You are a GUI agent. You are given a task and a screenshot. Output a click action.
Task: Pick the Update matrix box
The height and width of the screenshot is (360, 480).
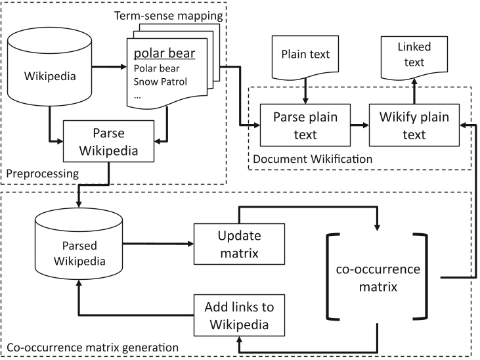click(x=239, y=243)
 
